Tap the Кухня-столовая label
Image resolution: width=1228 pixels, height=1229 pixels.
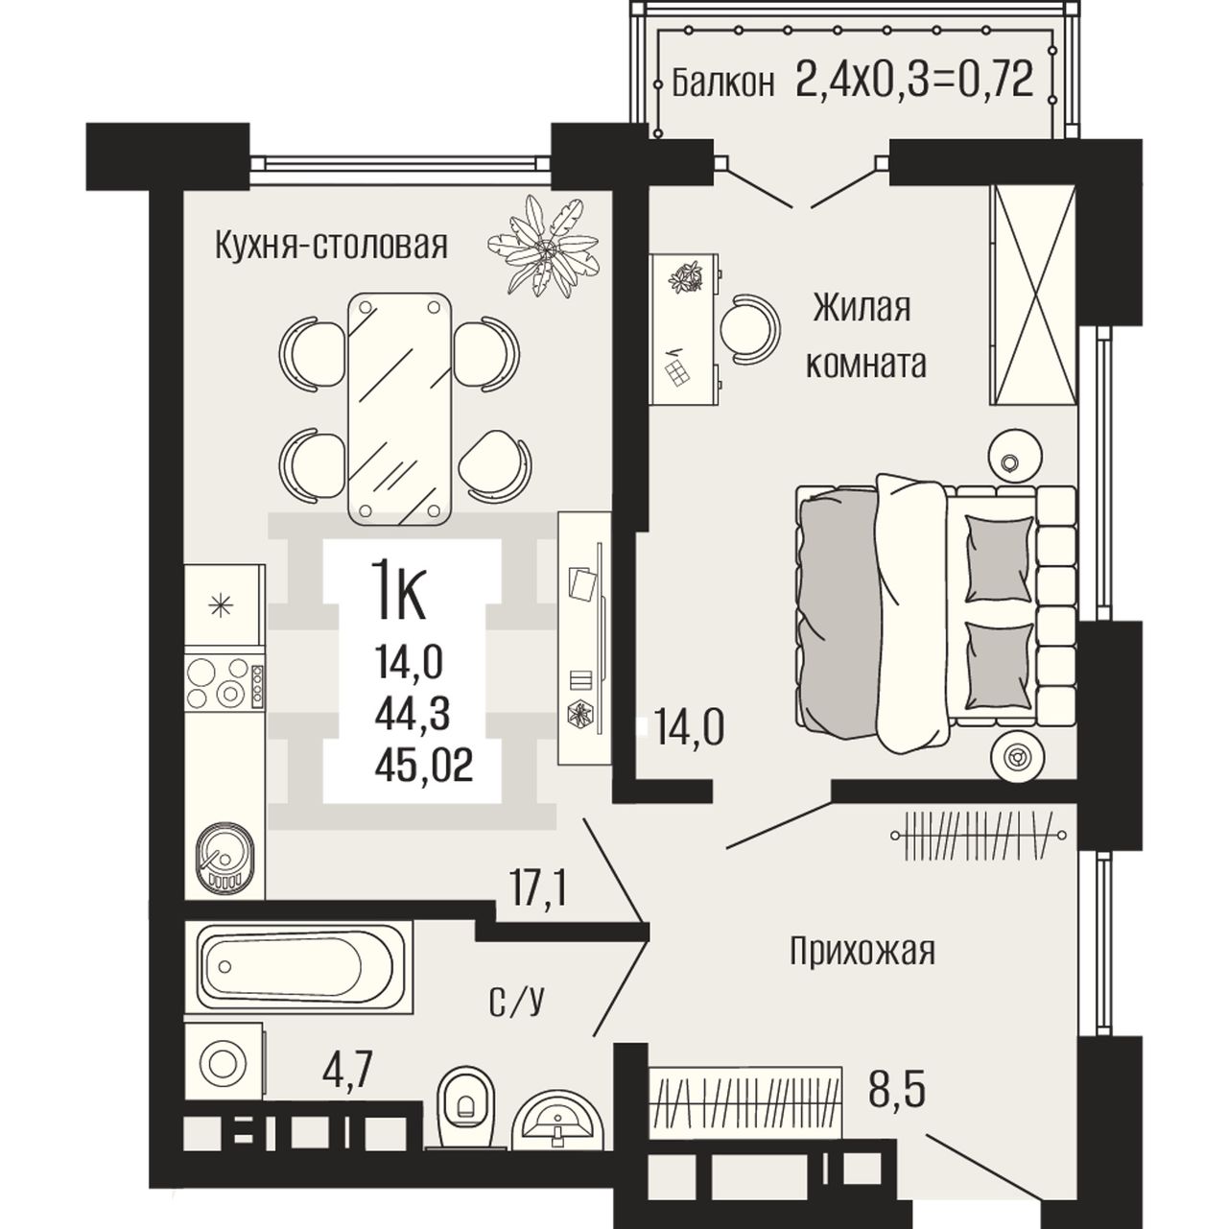click(331, 246)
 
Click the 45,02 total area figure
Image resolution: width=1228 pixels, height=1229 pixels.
click(424, 765)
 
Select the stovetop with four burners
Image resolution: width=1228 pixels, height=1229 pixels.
click(224, 683)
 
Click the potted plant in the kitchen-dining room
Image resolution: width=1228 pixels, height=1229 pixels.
click(544, 245)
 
